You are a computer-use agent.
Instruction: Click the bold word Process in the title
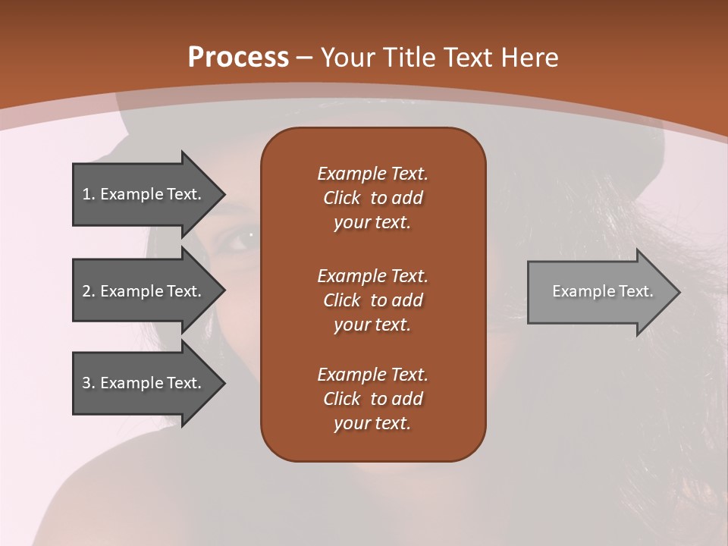point(238,58)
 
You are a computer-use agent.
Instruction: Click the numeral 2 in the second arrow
point(86,291)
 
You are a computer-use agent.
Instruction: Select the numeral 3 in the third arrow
point(86,383)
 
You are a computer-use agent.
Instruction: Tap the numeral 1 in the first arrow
point(86,194)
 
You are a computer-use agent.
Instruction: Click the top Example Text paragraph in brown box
point(372,198)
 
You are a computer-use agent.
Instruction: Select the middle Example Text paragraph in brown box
point(372,300)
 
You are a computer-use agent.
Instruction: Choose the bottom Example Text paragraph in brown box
point(372,399)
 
